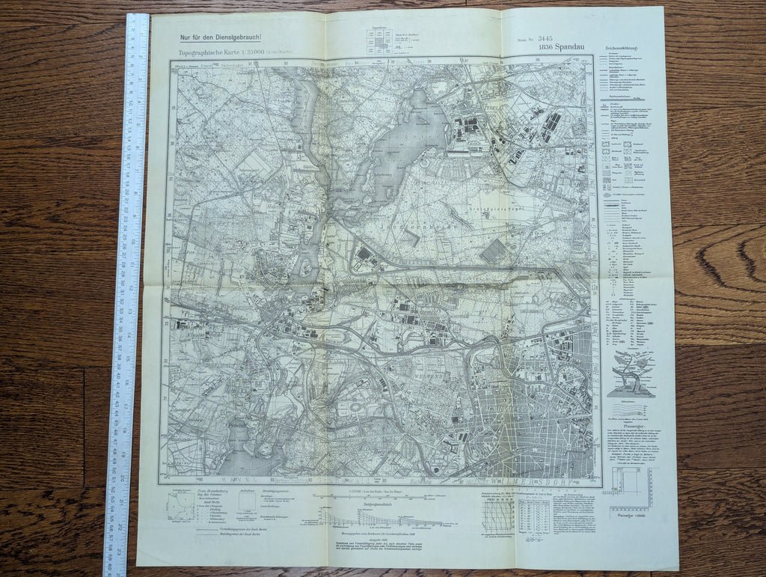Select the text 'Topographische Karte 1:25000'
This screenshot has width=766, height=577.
(x=225, y=54)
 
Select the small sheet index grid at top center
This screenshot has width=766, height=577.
(x=379, y=40)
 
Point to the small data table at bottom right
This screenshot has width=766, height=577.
(x=533, y=516)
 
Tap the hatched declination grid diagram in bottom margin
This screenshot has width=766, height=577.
(x=498, y=516)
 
